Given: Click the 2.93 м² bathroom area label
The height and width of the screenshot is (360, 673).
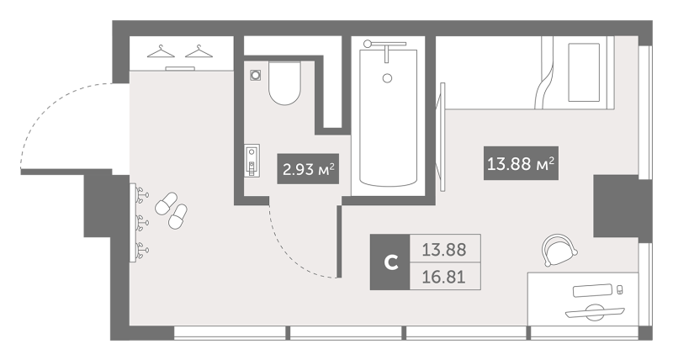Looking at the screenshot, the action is point(308,168).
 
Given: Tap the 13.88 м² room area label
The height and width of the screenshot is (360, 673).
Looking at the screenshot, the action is point(521,163).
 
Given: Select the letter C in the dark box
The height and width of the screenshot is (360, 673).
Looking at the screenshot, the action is point(390,262).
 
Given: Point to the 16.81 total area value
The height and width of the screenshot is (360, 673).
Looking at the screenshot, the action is point(444,277).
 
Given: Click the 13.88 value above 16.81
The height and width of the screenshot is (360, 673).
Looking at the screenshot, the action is point(444,249).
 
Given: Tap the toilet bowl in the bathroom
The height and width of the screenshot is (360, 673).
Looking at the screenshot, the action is point(284,83).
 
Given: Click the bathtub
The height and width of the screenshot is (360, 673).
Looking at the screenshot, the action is point(388,118).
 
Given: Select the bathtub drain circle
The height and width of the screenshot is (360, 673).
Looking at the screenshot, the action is point(387,78).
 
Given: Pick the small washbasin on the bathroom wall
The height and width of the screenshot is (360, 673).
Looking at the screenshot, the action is point(252,161).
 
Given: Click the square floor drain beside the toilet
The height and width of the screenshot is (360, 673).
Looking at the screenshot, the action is point(256,75).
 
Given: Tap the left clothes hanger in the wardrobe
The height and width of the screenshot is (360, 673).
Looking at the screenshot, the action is point(161,51).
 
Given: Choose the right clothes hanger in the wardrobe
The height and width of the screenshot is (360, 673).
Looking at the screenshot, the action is point(199,51).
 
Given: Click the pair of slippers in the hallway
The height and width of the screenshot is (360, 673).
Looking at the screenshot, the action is point(171,210).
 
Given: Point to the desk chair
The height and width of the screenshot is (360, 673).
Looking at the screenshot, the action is point(559,250).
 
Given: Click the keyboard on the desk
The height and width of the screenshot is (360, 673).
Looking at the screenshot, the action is point(592,290).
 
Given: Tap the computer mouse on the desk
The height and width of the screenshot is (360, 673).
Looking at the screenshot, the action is point(619,290).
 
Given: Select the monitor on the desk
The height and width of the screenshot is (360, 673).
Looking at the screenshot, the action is point(595,311).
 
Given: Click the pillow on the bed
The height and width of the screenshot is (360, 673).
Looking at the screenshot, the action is point(584,72).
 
